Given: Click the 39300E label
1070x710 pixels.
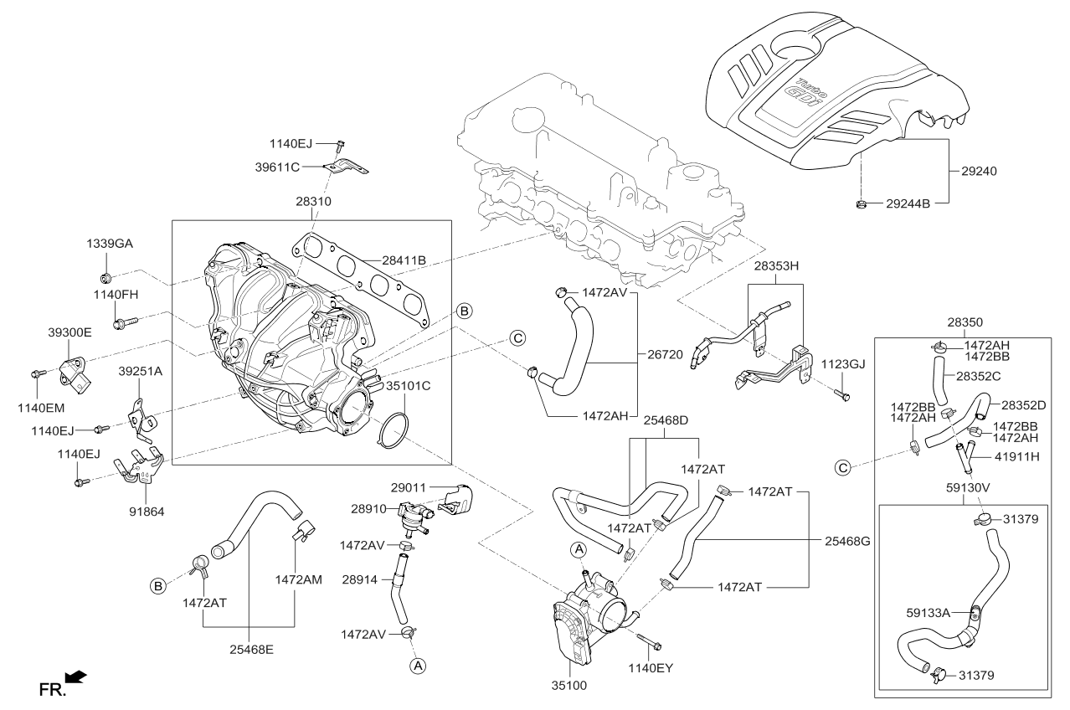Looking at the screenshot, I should (x=69, y=332).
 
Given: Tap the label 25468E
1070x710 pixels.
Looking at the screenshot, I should (x=249, y=648).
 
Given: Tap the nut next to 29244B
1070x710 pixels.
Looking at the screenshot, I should (x=861, y=203).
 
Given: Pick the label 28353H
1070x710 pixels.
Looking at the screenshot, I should (x=776, y=265).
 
